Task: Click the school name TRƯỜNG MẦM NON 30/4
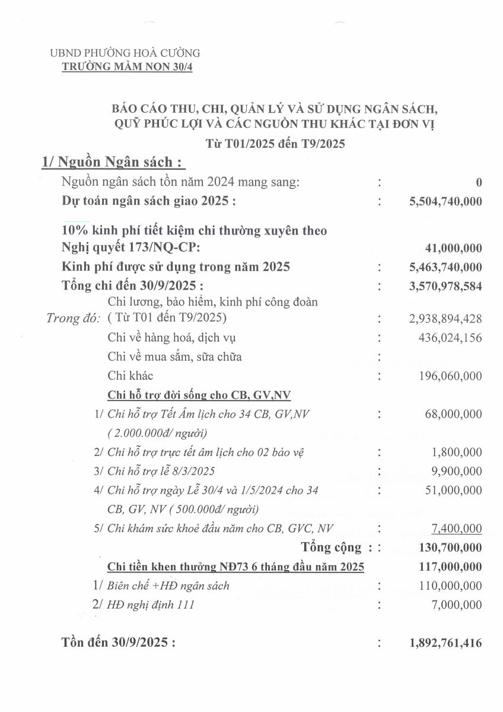[128, 66]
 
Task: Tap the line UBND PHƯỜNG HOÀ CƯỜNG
[125, 53]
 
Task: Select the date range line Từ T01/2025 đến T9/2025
[275, 143]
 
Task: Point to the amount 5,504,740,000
[445, 202]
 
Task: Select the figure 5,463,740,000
[445, 267]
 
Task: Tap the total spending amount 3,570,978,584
[445, 285]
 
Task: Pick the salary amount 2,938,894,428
[445, 319]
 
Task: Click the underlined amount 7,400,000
[457, 528]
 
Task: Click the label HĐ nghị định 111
[151, 605]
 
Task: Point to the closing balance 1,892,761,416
[445, 643]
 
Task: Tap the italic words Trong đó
[73, 319]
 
